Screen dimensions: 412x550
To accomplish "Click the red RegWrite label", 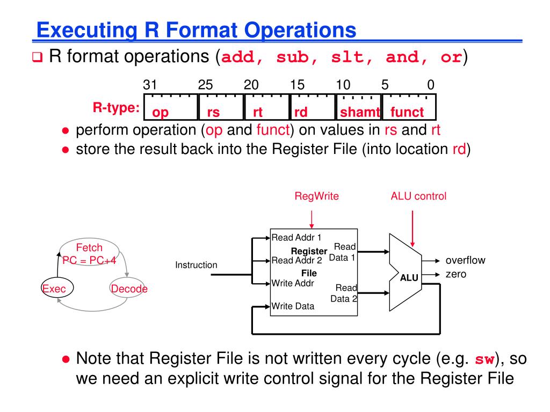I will (x=316, y=196).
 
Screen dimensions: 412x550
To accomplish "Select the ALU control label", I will (x=418, y=196).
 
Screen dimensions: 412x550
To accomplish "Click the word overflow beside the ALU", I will (x=465, y=261).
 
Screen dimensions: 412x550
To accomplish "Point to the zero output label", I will (x=456, y=275).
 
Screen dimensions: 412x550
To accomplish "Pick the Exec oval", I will (x=54, y=289).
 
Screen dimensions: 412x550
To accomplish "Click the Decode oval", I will (x=128, y=289).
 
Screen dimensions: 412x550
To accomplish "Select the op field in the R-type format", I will (x=161, y=112).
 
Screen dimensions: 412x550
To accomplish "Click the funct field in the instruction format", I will (x=407, y=112).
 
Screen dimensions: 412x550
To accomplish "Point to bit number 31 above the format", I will (x=149, y=85).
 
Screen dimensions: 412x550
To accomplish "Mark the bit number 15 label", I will (x=298, y=85).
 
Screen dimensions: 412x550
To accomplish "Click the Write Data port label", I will (x=293, y=306).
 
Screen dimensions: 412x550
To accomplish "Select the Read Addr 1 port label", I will (x=296, y=237).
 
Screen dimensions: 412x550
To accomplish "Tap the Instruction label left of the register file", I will (x=196, y=265).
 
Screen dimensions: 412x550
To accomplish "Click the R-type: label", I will (x=116, y=108).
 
